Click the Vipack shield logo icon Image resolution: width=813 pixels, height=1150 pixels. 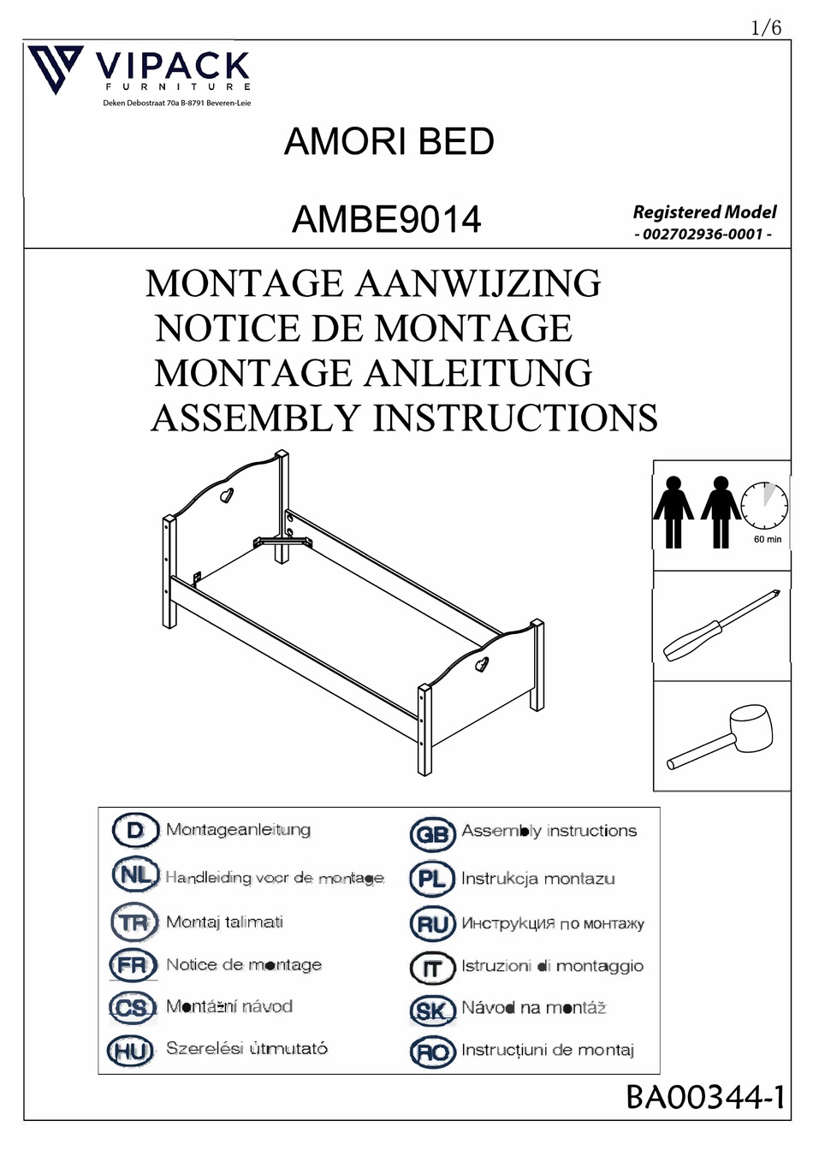(55, 68)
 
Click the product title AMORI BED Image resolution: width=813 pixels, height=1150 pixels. (389, 141)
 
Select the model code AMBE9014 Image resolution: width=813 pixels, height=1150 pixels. (386, 219)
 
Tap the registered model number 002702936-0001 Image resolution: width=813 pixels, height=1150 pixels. (703, 234)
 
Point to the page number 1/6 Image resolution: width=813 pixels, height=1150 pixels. (766, 27)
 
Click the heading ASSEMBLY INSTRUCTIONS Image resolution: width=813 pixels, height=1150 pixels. (404, 418)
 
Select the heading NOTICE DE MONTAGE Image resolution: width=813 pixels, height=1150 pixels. (364, 329)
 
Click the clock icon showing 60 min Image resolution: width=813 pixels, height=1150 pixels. (764, 506)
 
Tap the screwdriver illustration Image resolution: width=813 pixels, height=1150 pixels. (721, 625)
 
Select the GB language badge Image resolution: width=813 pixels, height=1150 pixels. (432, 833)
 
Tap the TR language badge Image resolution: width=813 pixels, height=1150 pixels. (134, 922)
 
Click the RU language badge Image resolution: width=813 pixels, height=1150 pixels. (432, 924)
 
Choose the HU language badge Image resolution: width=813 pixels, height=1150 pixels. (131, 1050)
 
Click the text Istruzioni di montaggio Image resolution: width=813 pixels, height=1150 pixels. (552, 966)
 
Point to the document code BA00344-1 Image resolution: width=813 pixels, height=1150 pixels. (705, 1096)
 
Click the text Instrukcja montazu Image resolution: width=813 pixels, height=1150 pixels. (537, 879)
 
